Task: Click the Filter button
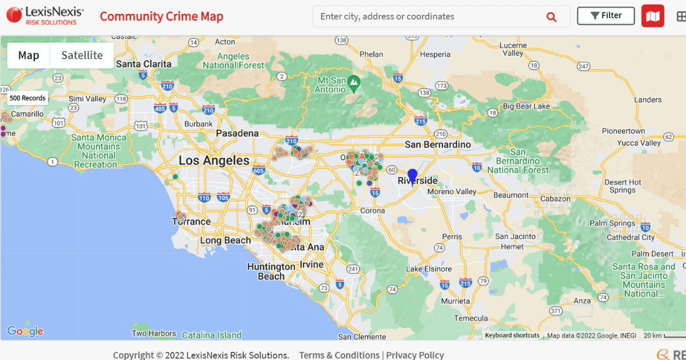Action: click(x=605, y=16)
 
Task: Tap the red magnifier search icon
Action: click(x=551, y=17)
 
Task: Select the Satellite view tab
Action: click(x=82, y=55)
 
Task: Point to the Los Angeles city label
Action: click(x=214, y=161)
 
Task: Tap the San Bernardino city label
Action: click(x=437, y=145)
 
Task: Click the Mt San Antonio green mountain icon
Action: click(x=354, y=83)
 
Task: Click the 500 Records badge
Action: click(x=27, y=98)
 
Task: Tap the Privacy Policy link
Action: click(x=415, y=355)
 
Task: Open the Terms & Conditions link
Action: click(x=340, y=355)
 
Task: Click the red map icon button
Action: click(x=652, y=16)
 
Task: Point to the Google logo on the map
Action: click(x=25, y=331)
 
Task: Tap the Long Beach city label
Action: click(x=225, y=241)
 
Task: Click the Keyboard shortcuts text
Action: click(x=512, y=335)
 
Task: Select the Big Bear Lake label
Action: click(x=526, y=106)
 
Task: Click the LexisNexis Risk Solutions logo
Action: click(x=45, y=16)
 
